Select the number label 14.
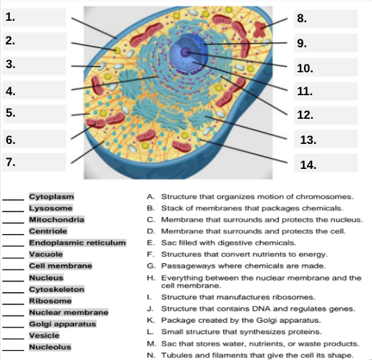[308, 164]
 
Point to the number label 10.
[305, 68]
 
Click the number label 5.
[10, 112]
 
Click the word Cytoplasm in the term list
[51, 195]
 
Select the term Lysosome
[50, 208]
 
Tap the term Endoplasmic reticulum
[77, 242]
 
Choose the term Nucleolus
[49, 347]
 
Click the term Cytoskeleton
[57, 288]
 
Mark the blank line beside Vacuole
[13, 256]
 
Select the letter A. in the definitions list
[150, 196]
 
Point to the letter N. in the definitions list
[150, 355]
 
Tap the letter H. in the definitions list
[150, 277]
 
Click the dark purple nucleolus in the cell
[186, 52]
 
